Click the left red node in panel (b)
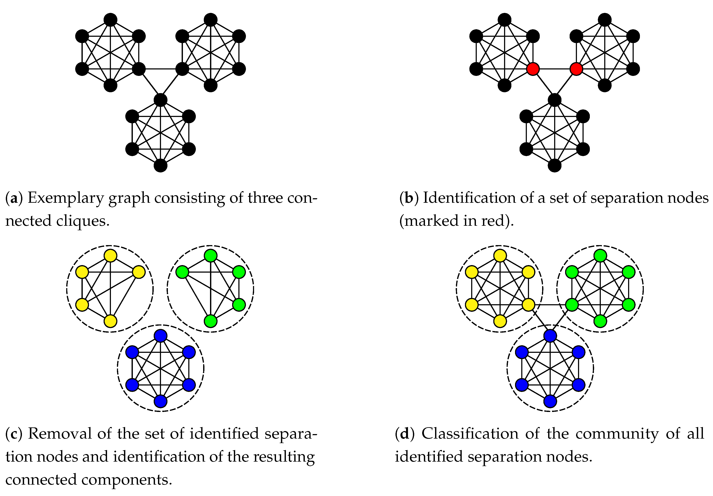[533, 69]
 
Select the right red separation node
[576, 69]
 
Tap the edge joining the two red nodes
[554, 69]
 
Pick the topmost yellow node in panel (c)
[110, 256]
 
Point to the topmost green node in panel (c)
[210, 256]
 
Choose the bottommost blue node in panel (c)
[161, 401]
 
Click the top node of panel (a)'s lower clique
[161, 100]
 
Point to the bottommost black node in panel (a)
[161, 166]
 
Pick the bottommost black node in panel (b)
[555, 166]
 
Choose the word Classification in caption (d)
[470, 434]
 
